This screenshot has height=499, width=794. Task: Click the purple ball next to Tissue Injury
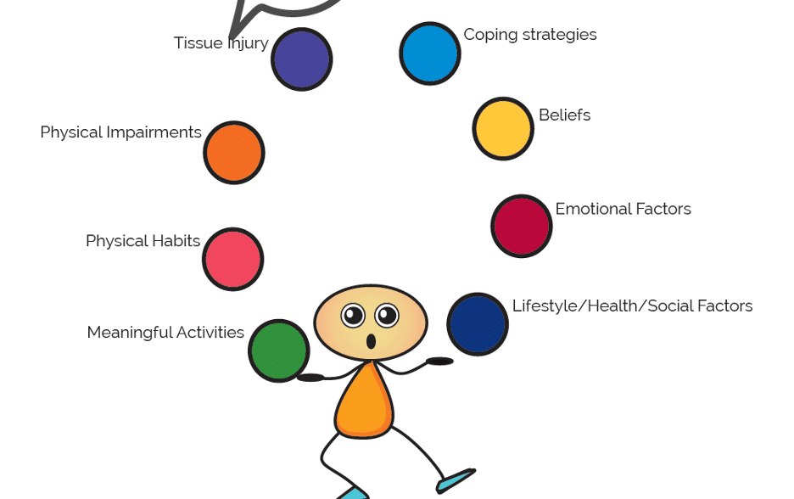click(301, 59)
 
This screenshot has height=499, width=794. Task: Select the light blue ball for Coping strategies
click(430, 53)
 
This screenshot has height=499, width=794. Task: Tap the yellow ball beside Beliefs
click(503, 129)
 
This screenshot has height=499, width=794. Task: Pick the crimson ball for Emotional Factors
click(522, 227)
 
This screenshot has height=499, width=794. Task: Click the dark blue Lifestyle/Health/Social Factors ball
click(478, 324)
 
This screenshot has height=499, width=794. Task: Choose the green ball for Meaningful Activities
click(278, 350)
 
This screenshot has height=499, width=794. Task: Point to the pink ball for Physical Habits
click(233, 259)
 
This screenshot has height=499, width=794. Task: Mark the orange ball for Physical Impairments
click(234, 153)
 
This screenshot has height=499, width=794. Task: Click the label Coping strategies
click(529, 35)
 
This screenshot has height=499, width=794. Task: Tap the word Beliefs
click(564, 115)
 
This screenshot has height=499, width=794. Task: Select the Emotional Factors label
click(623, 209)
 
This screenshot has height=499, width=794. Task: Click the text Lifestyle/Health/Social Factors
click(632, 306)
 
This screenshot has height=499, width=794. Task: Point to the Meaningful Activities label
click(165, 333)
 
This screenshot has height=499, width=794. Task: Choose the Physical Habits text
click(143, 241)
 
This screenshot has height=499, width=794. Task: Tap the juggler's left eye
click(353, 316)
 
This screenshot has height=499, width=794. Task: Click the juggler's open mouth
click(371, 342)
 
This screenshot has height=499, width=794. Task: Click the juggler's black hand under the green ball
click(310, 378)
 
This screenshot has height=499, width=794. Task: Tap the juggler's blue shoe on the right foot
click(456, 479)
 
